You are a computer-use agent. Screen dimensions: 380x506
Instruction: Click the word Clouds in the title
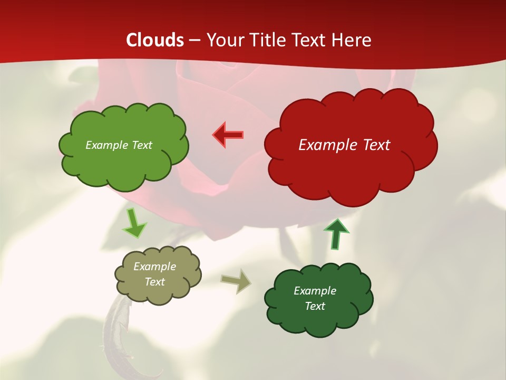pos(155,40)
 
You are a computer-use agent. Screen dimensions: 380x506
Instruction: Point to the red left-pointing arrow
pos(228,135)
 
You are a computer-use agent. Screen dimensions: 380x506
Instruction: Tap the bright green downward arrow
pos(134,223)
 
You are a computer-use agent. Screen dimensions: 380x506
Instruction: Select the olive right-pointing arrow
pos(236,281)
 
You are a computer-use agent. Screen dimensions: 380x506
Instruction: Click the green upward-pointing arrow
pos(336,234)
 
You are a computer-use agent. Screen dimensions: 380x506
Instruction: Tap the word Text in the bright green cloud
pos(142,145)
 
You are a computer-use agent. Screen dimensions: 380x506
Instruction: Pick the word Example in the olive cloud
pos(155,267)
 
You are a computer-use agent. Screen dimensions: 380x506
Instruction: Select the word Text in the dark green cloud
pos(315,306)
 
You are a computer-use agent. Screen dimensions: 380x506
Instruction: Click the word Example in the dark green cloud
pos(315,291)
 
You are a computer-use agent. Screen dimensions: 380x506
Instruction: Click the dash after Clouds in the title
pos(194,40)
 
